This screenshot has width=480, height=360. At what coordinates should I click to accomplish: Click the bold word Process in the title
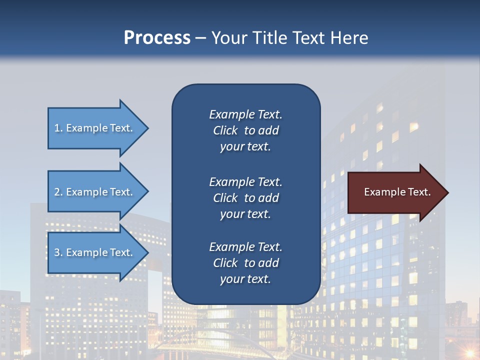(x=157, y=38)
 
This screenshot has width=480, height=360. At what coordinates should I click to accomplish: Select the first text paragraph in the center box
(x=245, y=130)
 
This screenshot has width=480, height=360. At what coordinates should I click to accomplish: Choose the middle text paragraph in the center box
(x=245, y=198)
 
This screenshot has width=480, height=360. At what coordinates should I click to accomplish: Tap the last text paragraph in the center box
(x=245, y=263)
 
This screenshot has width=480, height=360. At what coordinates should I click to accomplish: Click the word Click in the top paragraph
(x=225, y=130)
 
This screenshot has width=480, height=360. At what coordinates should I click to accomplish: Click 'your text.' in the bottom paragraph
(x=245, y=279)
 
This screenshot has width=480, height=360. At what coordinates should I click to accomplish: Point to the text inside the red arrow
(x=397, y=192)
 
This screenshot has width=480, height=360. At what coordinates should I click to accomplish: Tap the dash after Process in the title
(x=200, y=38)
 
